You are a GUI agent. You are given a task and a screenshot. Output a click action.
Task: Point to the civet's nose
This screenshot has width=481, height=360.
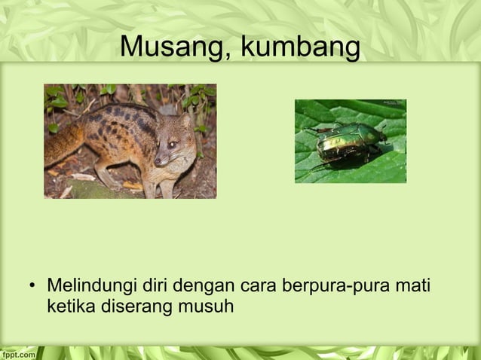(x=157, y=162)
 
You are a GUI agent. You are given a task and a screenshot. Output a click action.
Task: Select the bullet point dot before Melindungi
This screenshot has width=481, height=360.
(x=31, y=288)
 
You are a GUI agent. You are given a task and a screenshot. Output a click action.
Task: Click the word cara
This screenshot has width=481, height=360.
(x=259, y=288)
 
